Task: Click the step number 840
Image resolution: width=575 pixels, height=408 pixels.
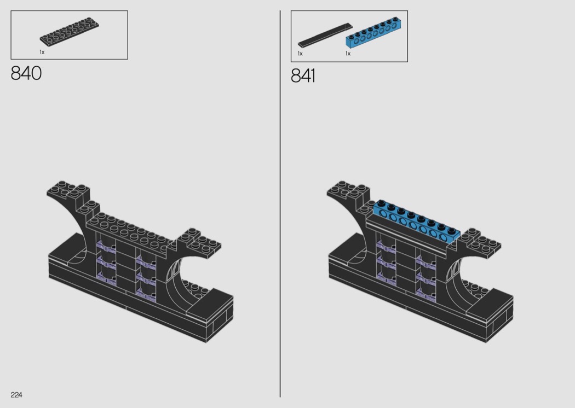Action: point(26,73)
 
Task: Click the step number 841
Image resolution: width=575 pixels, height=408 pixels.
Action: point(303,76)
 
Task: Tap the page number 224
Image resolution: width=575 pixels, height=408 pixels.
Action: point(16,395)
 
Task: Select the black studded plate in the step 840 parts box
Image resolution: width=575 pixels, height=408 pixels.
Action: point(70,32)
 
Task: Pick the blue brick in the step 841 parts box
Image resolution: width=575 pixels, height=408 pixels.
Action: point(372,33)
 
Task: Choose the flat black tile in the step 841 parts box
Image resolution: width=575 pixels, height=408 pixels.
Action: point(325,35)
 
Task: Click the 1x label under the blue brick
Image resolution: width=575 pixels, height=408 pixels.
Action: point(348,54)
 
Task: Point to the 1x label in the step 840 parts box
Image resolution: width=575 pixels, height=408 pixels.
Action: point(42,52)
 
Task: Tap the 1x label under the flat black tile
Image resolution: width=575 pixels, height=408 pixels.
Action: point(300,54)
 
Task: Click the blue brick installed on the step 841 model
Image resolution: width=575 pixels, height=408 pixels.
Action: point(417,221)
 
